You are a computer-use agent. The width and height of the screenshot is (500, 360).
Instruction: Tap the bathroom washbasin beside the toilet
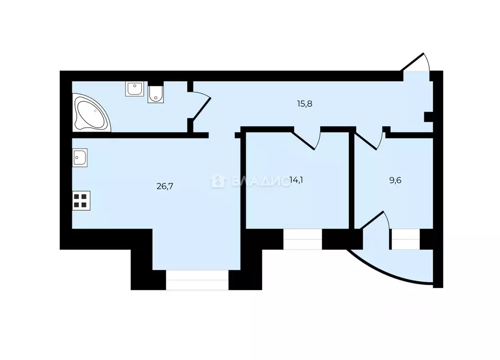pos(134,89)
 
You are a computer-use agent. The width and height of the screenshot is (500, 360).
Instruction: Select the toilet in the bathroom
pos(155,94)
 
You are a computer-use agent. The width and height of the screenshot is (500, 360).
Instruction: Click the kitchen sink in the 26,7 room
pos(80,157)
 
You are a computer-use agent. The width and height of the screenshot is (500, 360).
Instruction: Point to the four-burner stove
pos(81,201)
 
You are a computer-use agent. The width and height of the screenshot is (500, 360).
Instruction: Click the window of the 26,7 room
pos(197,280)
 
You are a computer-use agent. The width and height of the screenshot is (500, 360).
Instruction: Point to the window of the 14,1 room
pos(303,239)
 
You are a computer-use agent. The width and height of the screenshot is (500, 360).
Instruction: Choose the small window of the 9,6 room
pos(405,240)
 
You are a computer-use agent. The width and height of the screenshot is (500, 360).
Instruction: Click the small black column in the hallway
pos(428,116)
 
